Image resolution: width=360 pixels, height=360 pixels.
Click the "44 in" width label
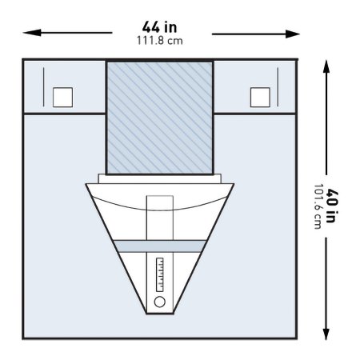tap(159, 27)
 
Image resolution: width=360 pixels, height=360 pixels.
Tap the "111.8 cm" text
tap(160, 41)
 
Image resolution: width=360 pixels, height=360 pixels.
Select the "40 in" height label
tap(332, 206)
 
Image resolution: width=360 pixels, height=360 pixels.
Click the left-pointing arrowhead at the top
tap(31, 33)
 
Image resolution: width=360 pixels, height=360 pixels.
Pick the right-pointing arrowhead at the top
tap(291, 34)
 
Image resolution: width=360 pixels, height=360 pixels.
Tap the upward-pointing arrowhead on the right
tap(326, 67)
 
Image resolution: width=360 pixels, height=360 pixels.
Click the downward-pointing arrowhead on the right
tap(326, 334)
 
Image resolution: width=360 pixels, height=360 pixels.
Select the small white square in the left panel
tap(62, 98)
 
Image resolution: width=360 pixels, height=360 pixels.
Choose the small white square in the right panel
tap(260, 98)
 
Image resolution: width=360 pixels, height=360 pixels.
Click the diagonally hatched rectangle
tap(160, 118)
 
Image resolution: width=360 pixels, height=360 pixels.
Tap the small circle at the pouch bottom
tap(160, 302)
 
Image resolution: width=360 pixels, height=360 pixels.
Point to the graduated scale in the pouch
tap(160, 274)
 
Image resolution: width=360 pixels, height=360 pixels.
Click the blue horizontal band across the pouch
tap(160, 246)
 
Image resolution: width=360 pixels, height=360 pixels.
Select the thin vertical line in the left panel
tap(43, 87)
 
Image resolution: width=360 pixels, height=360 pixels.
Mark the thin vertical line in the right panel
tap(278, 87)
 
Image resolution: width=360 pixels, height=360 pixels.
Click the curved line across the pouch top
tap(160, 210)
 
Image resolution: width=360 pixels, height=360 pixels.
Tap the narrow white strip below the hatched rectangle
tap(160, 178)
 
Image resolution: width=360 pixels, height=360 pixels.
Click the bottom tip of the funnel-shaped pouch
tap(160, 314)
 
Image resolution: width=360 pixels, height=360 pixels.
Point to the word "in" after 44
tap(170, 27)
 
